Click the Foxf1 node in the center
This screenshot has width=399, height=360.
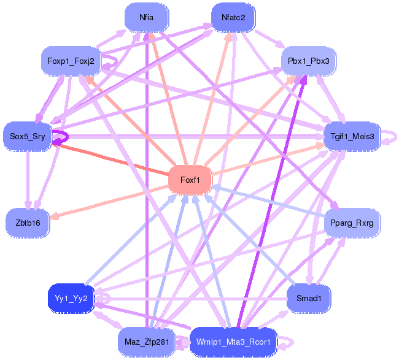pos(190,180)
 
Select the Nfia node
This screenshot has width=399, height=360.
pos(146,17)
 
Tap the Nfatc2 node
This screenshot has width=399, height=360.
pos(233,17)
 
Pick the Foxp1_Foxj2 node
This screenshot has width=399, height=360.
pos(71,61)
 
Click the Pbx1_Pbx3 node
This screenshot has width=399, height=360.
pos(309,61)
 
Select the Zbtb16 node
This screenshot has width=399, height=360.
pos(28,223)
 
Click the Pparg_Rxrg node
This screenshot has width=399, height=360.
pos(352,223)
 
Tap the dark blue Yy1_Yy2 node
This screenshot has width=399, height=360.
pos(71,299)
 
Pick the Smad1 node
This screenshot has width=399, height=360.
pos(309,299)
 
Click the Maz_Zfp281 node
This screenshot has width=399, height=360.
pos(146,341)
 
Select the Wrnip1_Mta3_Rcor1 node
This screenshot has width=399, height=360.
pos(233,341)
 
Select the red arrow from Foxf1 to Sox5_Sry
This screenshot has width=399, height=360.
pos(110,158)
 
